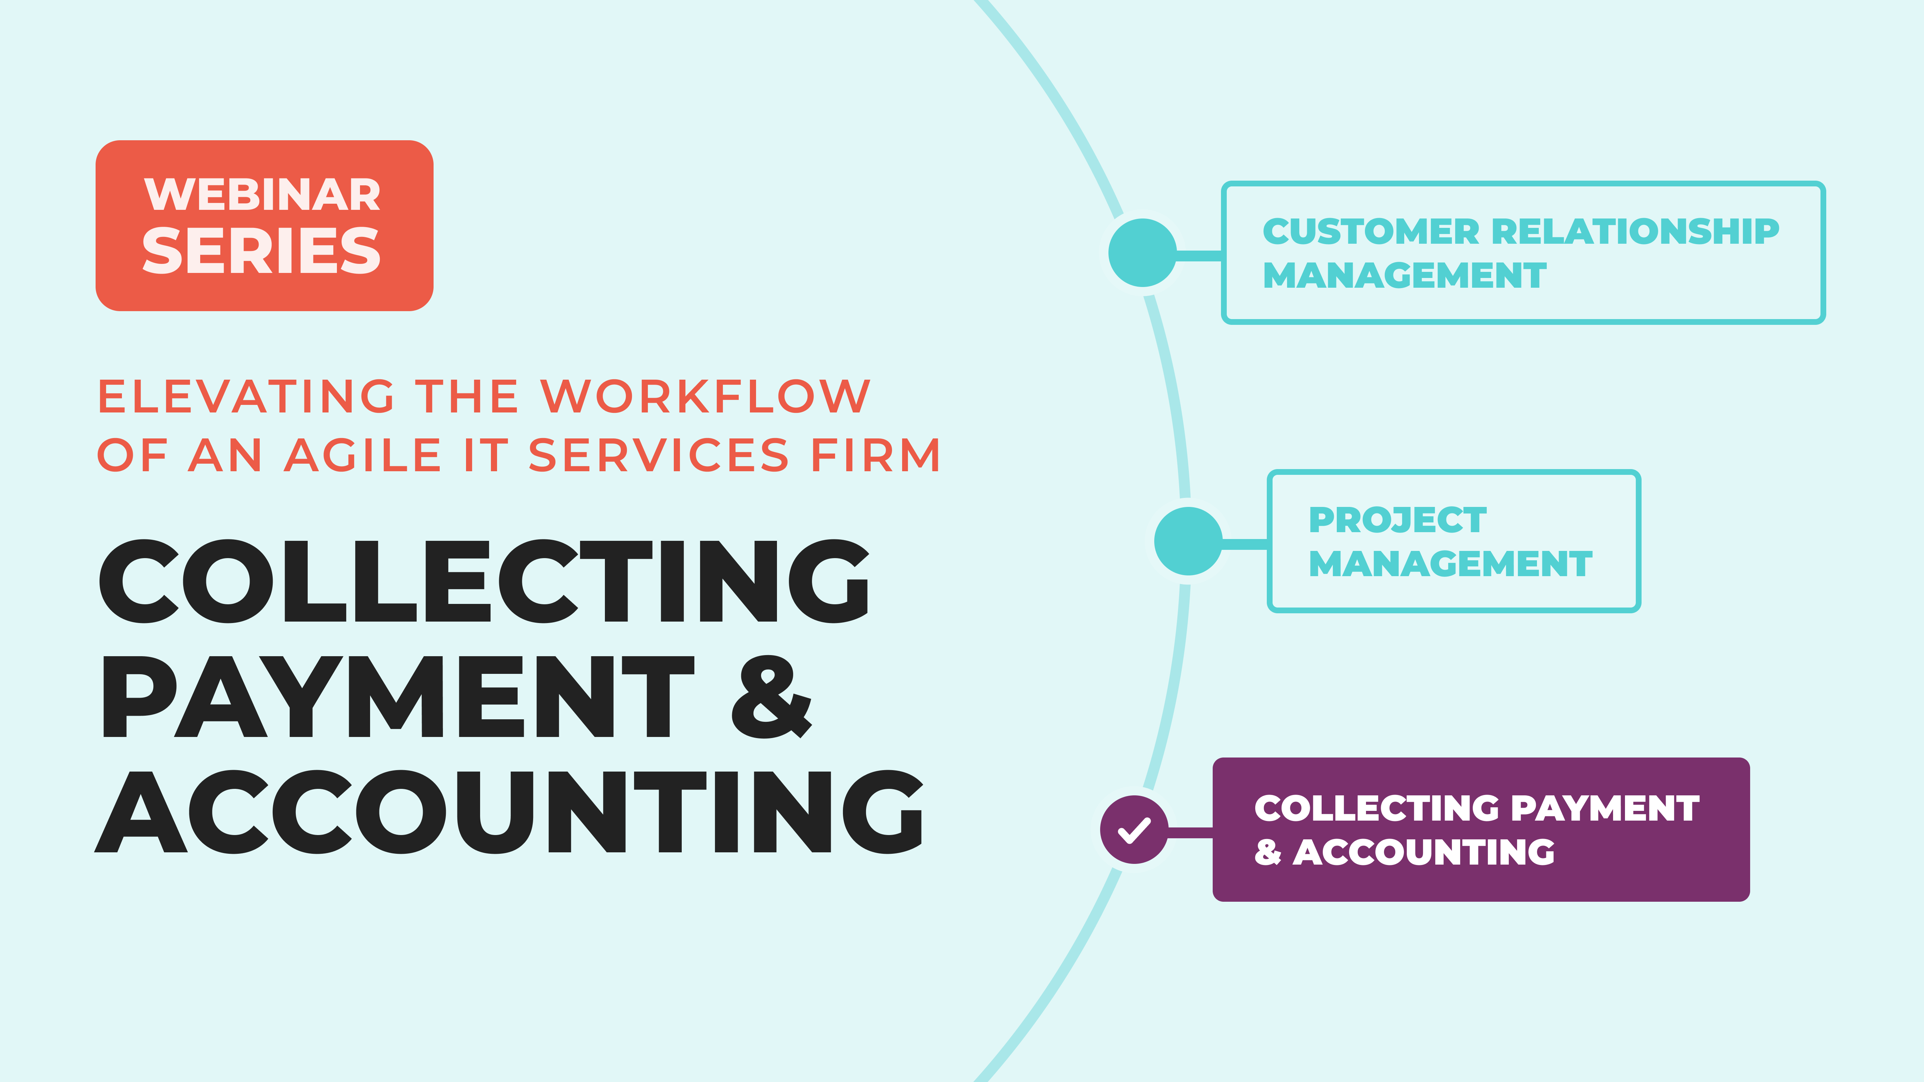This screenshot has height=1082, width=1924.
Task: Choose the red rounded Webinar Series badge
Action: tap(264, 225)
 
